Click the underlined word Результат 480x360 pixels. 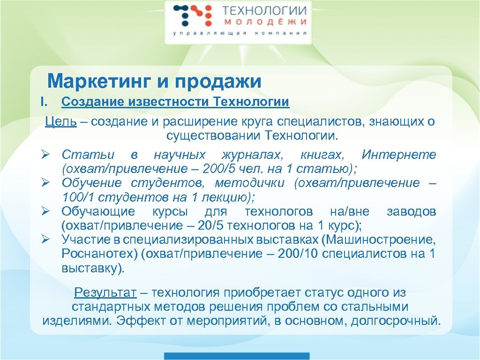pos(105,293)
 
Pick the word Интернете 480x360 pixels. pos(398,155)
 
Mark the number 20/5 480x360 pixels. pos(213,225)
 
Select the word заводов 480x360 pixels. pos(411,211)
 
